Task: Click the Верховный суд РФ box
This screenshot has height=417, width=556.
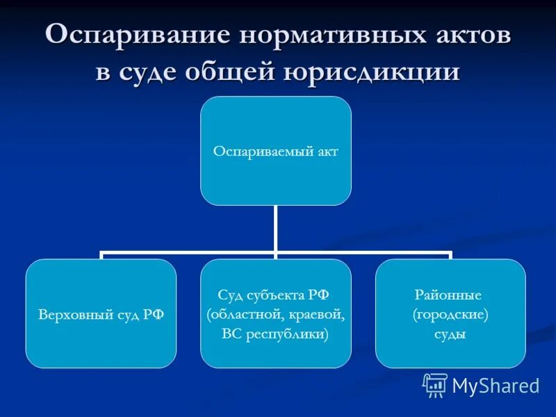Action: [101, 313]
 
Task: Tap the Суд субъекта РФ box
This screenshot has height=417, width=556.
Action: [276, 313]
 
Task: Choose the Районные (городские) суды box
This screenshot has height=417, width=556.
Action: [451, 313]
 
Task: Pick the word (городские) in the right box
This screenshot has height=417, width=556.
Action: [451, 314]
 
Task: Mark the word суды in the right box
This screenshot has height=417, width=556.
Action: [451, 334]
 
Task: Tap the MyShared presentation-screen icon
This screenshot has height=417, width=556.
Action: [435, 385]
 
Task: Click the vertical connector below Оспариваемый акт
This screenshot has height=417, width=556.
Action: [276, 228]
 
